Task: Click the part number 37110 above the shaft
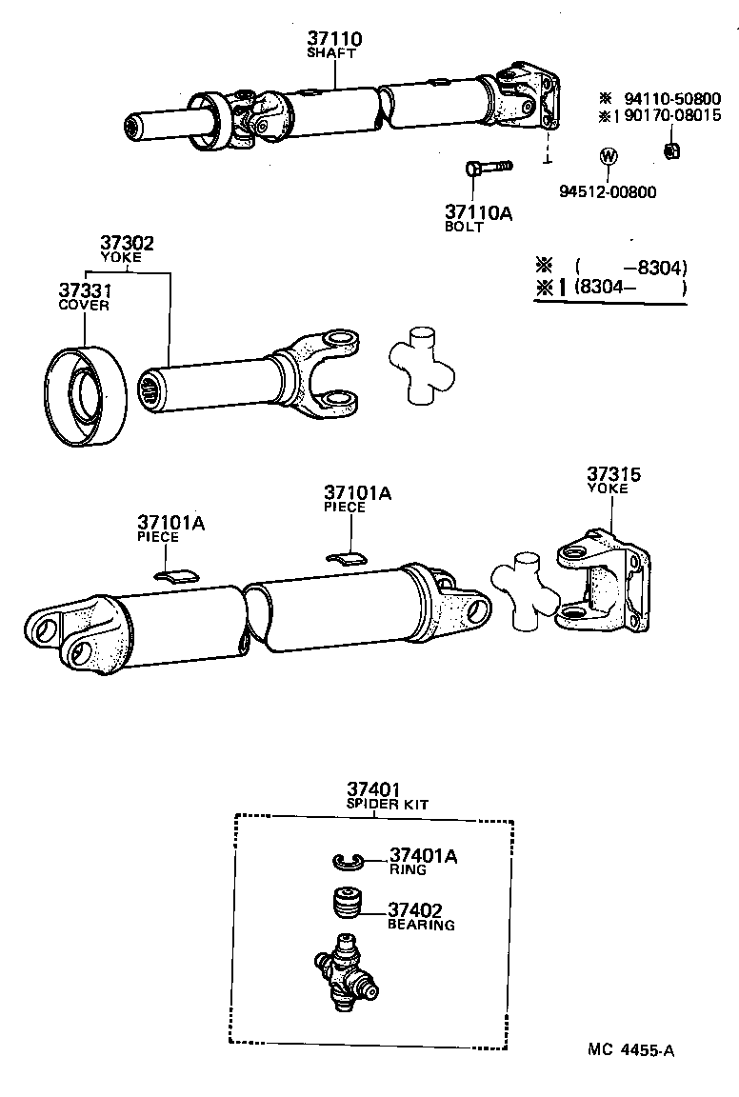(x=334, y=39)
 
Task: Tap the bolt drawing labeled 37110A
(x=489, y=169)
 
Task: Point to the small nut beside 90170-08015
(x=669, y=150)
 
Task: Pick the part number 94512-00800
(x=608, y=191)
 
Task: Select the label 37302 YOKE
(x=128, y=249)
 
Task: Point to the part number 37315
(x=613, y=474)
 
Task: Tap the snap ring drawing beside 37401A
(x=350, y=861)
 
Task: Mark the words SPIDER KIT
(x=387, y=805)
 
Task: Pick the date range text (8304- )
(x=631, y=288)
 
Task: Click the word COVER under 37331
(x=84, y=306)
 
